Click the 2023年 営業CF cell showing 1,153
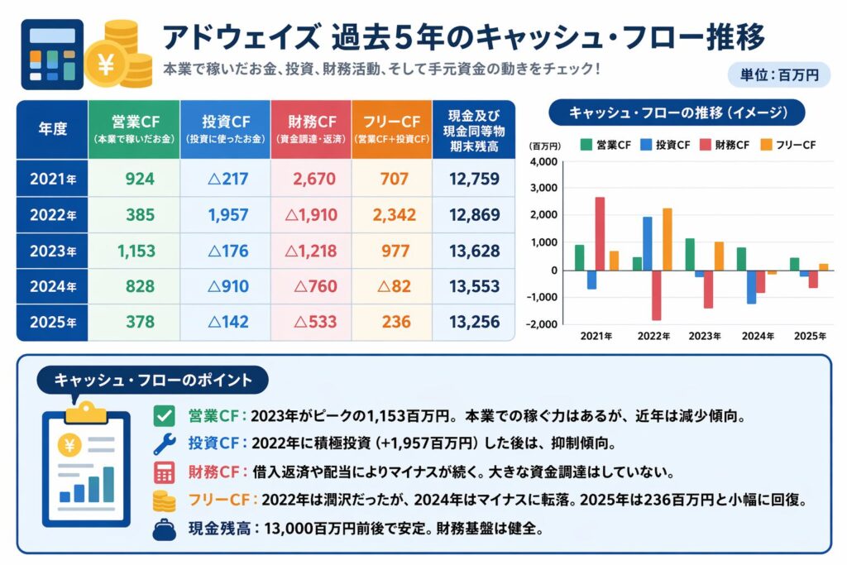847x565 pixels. coord(134,251)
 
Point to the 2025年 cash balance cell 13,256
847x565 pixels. coord(474,323)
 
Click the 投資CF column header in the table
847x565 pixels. coord(224,129)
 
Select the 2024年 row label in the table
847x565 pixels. coord(52,286)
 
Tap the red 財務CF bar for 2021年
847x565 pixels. coord(600,233)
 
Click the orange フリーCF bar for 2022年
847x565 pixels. coord(667,239)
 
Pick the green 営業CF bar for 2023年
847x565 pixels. coord(689,254)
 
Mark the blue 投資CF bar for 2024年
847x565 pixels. coord(750,286)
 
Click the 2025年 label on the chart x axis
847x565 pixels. coord(810,336)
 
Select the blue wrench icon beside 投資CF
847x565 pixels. coord(165,444)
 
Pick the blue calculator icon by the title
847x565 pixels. coord(51,54)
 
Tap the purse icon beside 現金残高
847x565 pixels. coord(165,529)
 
